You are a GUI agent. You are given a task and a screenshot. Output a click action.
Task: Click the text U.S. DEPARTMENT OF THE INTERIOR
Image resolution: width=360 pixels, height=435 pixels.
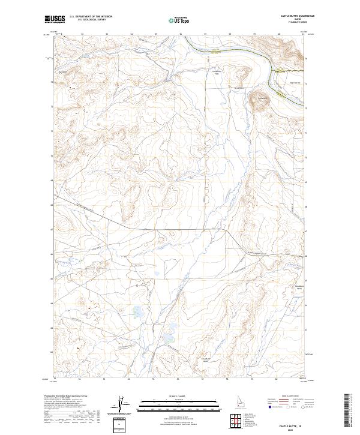point(91,17)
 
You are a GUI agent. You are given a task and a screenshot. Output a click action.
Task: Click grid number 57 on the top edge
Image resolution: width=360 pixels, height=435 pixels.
point(205,34)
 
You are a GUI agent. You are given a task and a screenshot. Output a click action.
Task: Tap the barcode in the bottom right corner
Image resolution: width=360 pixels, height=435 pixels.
point(347,411)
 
